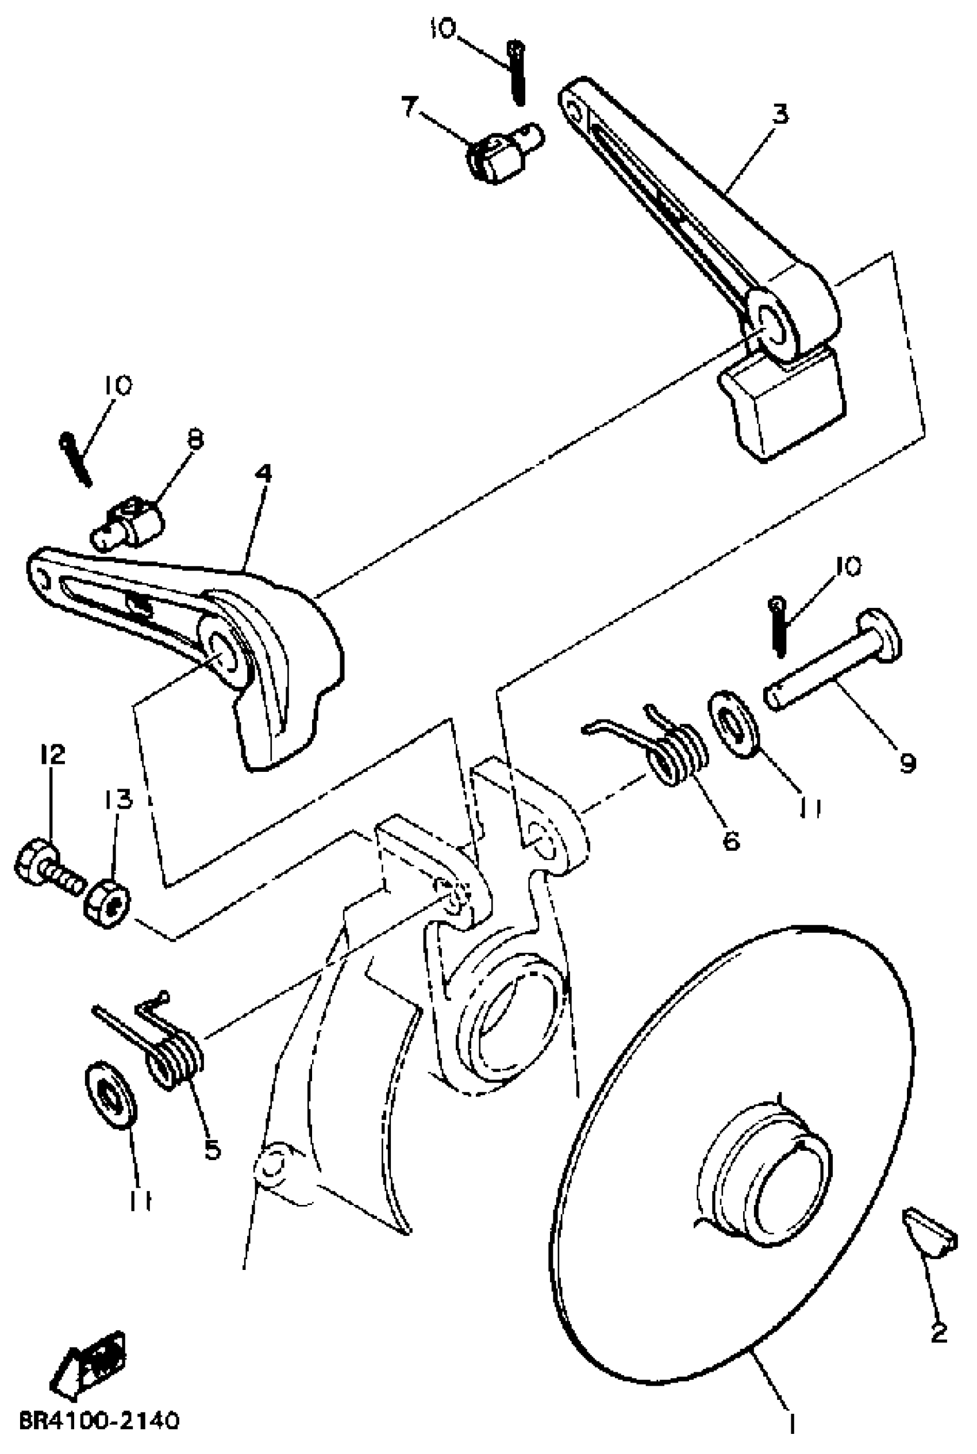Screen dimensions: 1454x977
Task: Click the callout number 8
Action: [x=195, y=440]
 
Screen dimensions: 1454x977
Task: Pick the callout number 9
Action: [x=907, y=762]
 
